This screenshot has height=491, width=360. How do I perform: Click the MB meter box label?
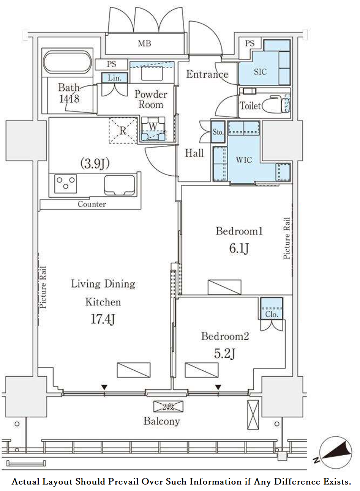[144, 43]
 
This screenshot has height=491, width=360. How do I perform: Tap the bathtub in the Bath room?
[67, 61]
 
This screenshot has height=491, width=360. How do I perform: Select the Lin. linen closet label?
[114, 78]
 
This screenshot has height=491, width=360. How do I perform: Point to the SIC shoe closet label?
[261, 72]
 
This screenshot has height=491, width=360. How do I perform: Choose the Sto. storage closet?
[218, 132]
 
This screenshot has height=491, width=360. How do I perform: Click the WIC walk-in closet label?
[244, 160]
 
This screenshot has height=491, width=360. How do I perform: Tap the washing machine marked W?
[153, 129]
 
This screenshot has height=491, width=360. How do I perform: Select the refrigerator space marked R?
[123, 131]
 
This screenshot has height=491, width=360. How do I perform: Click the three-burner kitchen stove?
[66, 184]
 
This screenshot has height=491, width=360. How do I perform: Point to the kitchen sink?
[119, 185]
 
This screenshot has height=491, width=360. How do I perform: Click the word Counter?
[92, 204]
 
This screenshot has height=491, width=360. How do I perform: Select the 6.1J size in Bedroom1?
[239, 249]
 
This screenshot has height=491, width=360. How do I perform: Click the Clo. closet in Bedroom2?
[272, 308]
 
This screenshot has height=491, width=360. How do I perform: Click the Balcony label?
[162, 421]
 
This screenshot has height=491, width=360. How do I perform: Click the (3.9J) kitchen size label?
[95, 164]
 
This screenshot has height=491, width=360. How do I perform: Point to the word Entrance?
[207, 74]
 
